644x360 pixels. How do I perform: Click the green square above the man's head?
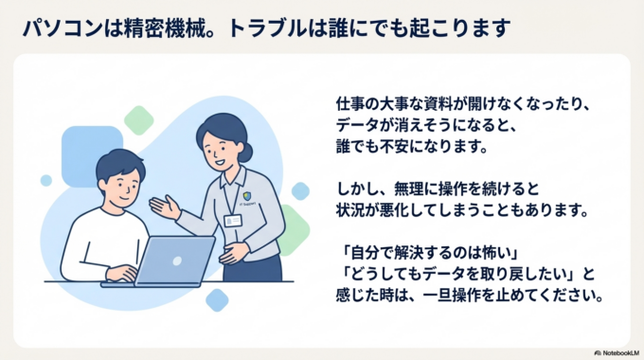pos(139,120)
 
